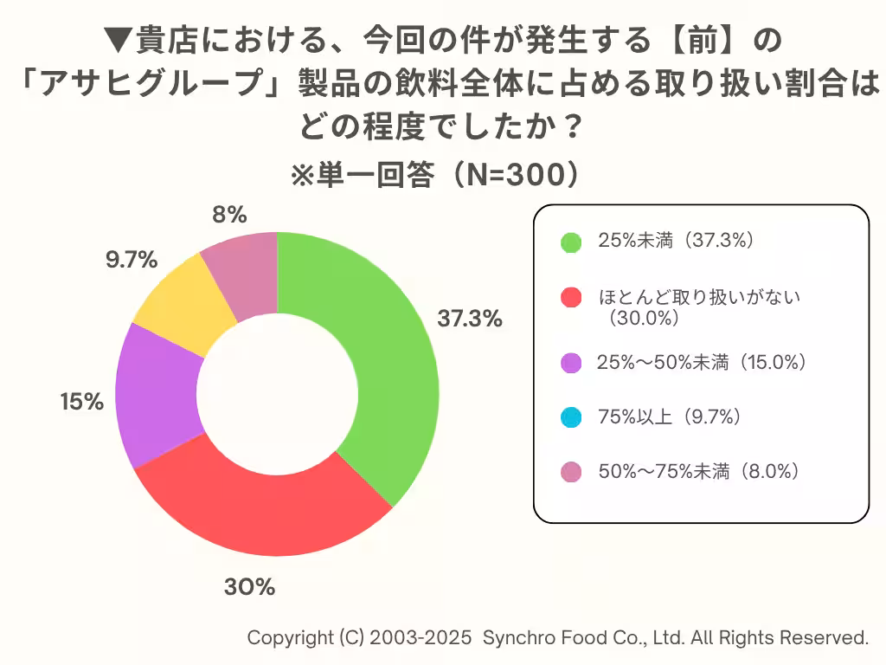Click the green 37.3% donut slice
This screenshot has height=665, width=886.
pyautogui.click(x=389, y=364)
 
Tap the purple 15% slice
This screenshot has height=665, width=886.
pyautogui.click(x=156, y=398)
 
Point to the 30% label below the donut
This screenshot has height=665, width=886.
pyautogui.click(x=249, y=587)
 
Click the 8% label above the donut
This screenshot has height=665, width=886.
pyautogui.click(x=230, y=214)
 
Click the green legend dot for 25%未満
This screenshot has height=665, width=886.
pyautogui.click(x=570, y=242)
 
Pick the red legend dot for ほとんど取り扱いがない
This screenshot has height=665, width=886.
pyautogui.click(x=570, y=298)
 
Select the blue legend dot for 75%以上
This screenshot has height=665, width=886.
pyautogui.click(x=570, y=417)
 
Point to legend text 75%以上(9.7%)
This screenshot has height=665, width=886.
pyautogui.click(x=671, y=417)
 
